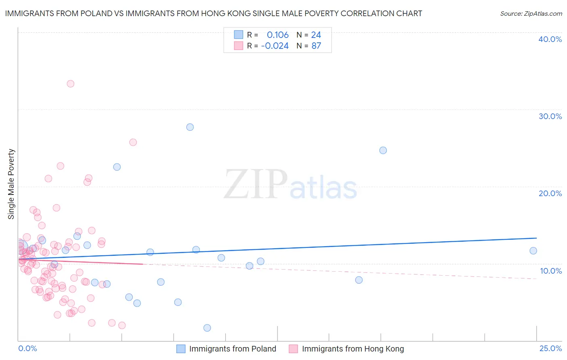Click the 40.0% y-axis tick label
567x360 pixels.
(550, 39)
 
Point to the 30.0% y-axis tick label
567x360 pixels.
(550, 116)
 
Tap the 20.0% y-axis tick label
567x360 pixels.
(550, 193)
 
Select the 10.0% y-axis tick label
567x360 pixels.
(550, 271)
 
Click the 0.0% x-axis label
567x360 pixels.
(27, 348)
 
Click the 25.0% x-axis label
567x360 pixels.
(550, 348)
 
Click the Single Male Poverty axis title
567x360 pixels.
(11, 184)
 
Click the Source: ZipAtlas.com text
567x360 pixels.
(531, 13)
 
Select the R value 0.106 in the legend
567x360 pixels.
(277, 35)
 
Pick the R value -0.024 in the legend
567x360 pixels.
(275, 46)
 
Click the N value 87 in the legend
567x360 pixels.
(316, 46)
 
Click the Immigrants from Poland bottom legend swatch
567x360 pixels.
(181, 349)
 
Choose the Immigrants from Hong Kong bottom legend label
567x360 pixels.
(352, 349)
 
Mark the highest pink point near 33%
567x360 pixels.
(71, 84)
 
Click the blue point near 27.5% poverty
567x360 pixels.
(190, 127)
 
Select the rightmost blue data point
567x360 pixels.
(533, 251)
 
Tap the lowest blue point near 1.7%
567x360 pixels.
(207, 328)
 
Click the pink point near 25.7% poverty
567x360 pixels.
(133, 142)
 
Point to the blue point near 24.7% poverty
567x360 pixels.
(383, 150)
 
